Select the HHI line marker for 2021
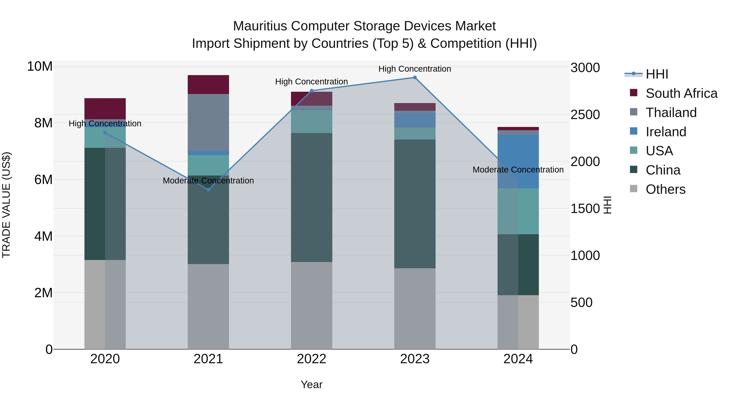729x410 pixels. [208, 190]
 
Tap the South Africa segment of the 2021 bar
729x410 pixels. [208, 84]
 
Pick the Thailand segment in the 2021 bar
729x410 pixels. [208, 122]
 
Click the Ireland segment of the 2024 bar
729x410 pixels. [518, 161]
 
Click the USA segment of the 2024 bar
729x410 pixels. [518, 211]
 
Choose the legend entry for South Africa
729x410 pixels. [681, 93]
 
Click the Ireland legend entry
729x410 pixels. [666, 132]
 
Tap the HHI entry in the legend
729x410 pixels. [657, 74]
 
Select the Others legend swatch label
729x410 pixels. [665, 189]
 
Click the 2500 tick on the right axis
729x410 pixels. [585, 115]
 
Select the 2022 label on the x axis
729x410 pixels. [312, 359]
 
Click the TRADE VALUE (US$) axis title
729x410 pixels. [6, 205]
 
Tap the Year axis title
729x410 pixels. [312, 384]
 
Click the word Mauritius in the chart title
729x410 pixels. [260, 26]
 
